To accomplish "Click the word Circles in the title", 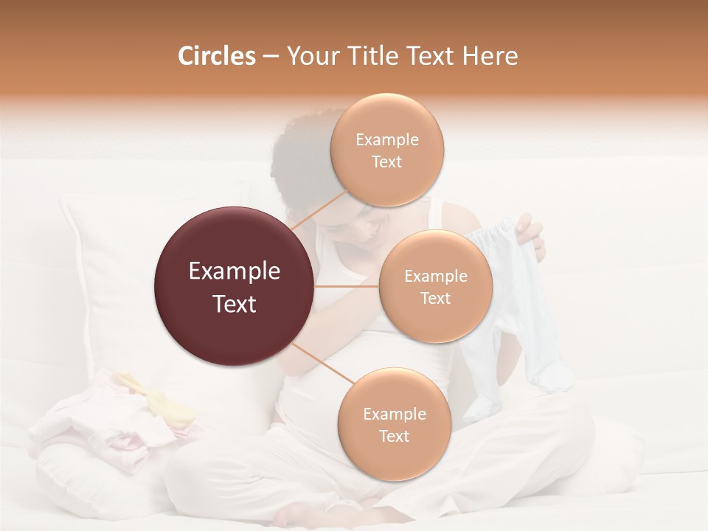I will tap(217, 56).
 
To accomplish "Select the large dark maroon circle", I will tap(234, 285).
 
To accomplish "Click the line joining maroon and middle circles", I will tap(347, 286).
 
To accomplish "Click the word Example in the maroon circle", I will tap(234, 271).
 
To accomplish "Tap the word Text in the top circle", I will tap(387, 162).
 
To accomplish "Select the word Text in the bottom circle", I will tap(394, 436).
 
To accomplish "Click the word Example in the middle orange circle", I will tap(436, 277).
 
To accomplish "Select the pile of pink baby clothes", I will tap(111, 420).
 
